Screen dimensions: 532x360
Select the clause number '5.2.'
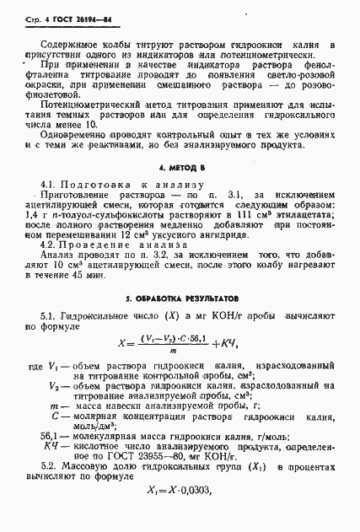click(50, 487)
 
